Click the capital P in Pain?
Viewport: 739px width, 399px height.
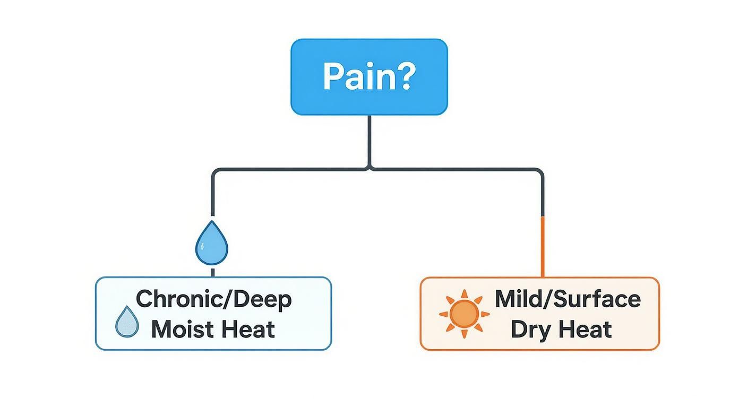[x=333, y=77]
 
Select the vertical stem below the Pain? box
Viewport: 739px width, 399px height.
[x=369, y=141]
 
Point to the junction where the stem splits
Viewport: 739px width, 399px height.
[x=369, y=169]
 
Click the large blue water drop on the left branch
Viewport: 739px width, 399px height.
[x=212, y=244]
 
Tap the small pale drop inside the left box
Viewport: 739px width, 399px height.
[x=127, y=322]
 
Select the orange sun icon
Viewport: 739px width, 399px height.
[x=461, y=314]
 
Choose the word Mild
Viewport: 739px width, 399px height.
[x=514, y=299]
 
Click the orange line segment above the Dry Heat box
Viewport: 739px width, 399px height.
[x=543, y=247]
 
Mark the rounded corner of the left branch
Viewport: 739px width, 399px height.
[x=215, y=172]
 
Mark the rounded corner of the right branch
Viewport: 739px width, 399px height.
[x=540, y=172]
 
